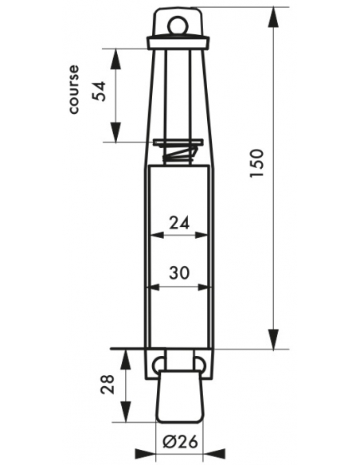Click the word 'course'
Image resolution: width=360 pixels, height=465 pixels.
pyautogui.click(x=74, y=89)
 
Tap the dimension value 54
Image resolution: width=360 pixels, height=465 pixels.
pyautogui.click(x=99, y=91)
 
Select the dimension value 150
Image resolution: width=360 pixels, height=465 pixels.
pyautogui.click(x=256, y=162)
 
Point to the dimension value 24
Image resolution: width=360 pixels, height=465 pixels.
pyautogui.click(x=179, y=223)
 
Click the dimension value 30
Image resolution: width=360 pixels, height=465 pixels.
pyautogui.click(x=179, y=273)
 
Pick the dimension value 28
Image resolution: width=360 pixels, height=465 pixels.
pyautogui.click(x=108, y=384)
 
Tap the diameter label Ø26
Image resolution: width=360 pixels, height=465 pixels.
pyautogui.click(x=180, y=443)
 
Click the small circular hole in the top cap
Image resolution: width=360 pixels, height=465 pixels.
pyautogui.click(x=178, y=25)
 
